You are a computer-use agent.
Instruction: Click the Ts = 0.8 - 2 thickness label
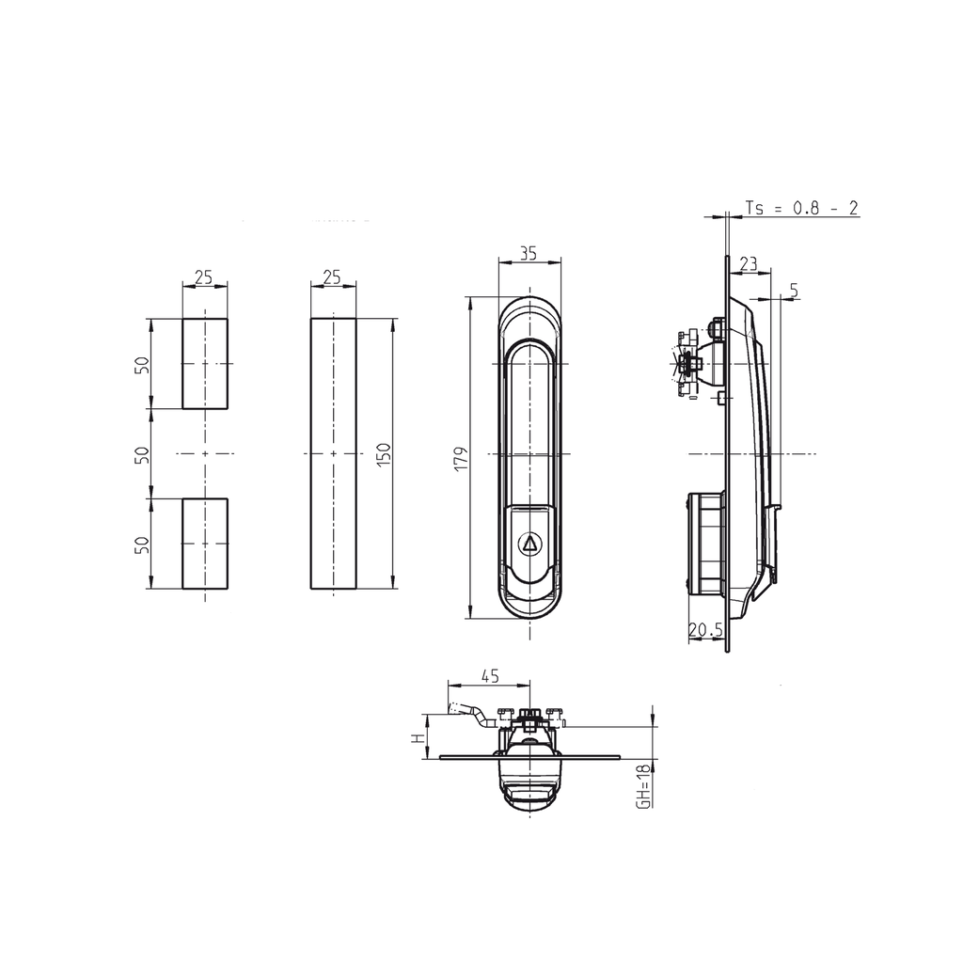click(801, 209)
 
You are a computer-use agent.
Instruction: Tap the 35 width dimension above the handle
click(528, 252)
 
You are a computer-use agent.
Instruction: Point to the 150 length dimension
click(383, 454)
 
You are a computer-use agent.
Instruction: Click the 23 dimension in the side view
click(749, 263)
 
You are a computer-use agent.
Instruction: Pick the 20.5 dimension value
click(705, 631)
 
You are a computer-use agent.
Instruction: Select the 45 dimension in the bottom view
click(489, 674)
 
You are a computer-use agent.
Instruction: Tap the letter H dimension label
click(417, 738)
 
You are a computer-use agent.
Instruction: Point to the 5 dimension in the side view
click(794, 292)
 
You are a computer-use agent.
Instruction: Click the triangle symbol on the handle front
click(529, 543)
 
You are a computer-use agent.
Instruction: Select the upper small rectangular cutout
click(204, 363)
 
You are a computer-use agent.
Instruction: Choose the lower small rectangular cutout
click(204, 544)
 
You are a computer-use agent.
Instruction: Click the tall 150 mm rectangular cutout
click(334, 454)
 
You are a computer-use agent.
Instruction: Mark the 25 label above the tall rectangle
click(332, 277)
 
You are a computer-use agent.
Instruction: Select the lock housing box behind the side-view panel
click(705, 543)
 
